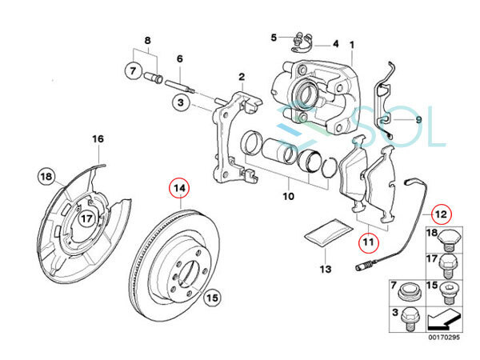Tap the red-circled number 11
coord(367,238)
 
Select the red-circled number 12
coord(438,214)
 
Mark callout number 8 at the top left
coord(146,40)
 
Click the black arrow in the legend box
coord(445,324)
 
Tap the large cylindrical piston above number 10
coord(282,152)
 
